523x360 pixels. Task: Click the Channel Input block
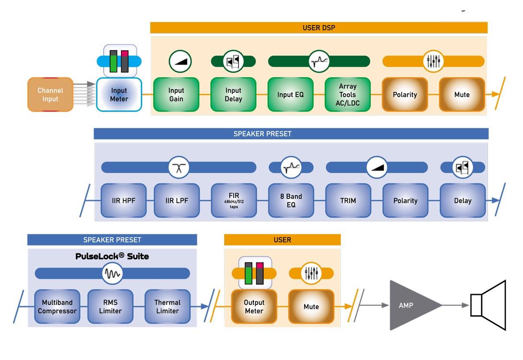(x=50, y=95)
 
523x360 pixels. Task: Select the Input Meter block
(x=119, y=95)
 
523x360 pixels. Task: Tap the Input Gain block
(x=176, y=95)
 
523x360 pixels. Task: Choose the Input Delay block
(x=233, y=95)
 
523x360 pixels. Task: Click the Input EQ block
(x=291, y=95)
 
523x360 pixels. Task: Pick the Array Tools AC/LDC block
(x=348, y=95)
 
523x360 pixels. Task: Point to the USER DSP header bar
(x=319, y=28)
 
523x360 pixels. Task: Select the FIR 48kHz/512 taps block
(x=234, y=200)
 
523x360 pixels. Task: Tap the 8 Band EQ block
(x=291, y=200)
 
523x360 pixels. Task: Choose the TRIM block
(x=348, y=200)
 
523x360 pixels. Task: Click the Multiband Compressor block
(x=57, y=306)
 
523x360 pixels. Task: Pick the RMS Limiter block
(x=110, y=306)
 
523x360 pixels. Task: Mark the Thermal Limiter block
(x=167, y=306)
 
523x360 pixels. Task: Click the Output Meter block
(x=254, y=306)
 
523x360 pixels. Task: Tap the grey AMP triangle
(x=410, y=305)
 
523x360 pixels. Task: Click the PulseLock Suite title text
(x=112, y=256)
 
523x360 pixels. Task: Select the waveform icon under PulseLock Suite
(x=112, y=273)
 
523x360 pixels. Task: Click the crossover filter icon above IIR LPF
(x=179, y=167)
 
